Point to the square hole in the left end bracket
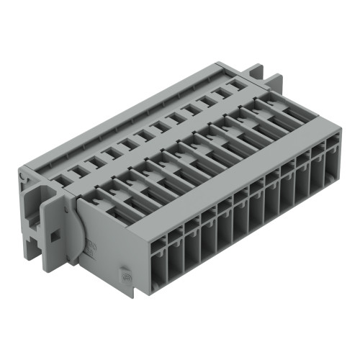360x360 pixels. click(54, 234)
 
